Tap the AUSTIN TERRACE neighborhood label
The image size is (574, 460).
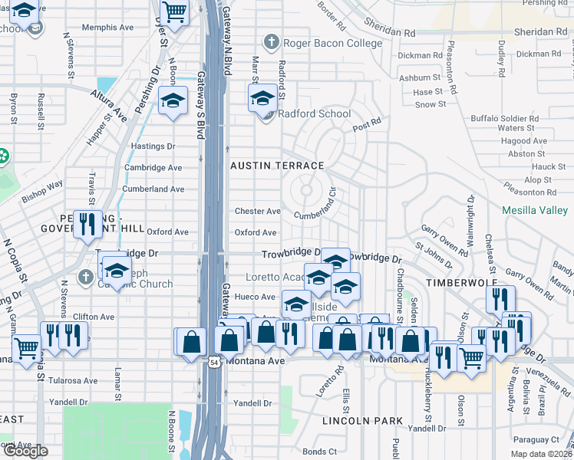point(278,166)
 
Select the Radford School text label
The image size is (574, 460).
point(313,114)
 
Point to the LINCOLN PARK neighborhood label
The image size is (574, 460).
point(362,421)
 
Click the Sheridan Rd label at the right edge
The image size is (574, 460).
point(540,31)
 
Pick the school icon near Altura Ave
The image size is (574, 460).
point(173,100)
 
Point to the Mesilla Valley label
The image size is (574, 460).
point(534,210)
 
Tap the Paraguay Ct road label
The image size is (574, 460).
point(536,439)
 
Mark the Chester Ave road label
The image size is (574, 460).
point(257,211)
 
